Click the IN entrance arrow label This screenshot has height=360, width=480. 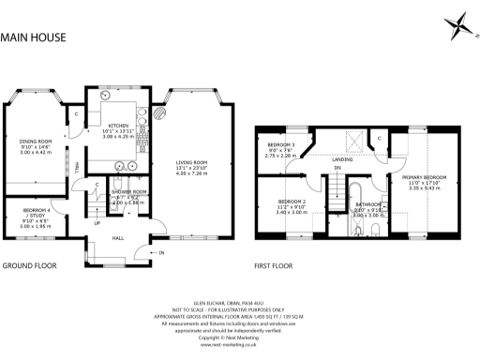160,253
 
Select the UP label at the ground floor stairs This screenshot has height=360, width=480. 97,223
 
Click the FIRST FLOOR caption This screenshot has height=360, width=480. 275,265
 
